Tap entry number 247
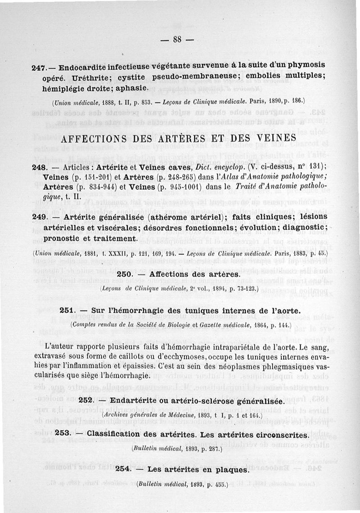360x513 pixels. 39,68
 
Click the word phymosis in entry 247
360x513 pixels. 305,65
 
